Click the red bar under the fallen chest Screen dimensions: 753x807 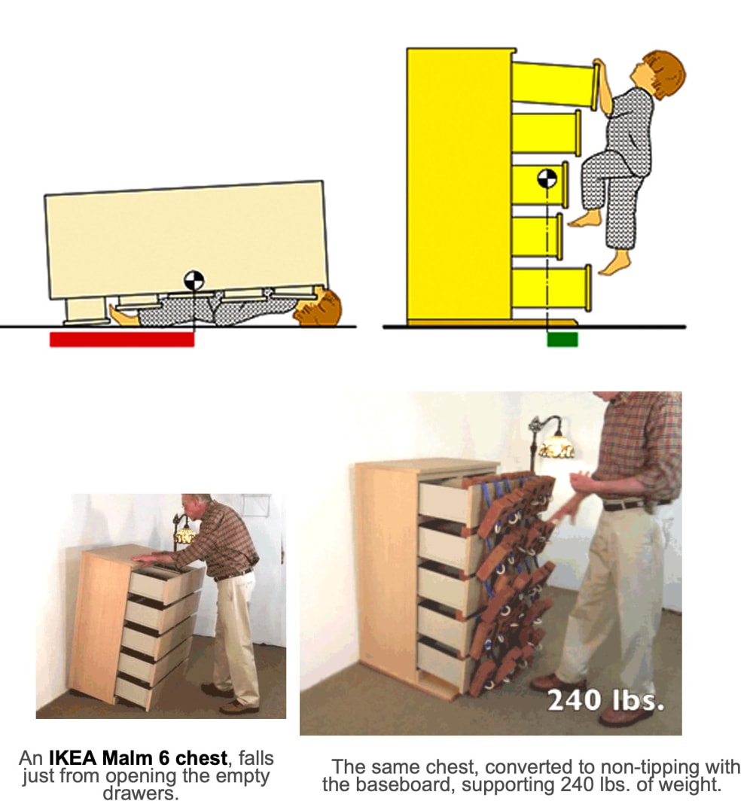[x=122, y=340]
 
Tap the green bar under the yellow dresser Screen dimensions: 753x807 [x=562, y=340]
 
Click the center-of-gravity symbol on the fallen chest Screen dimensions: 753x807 [x=194, y=281]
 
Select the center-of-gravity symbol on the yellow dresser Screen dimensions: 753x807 [x=547, y=178]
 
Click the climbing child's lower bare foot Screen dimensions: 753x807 [x=615, y=263]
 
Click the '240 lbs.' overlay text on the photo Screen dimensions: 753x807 [x=605, y=700]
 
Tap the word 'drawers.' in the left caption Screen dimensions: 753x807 [x=141, y=793]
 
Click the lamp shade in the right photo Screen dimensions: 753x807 [x=556, y=446]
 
